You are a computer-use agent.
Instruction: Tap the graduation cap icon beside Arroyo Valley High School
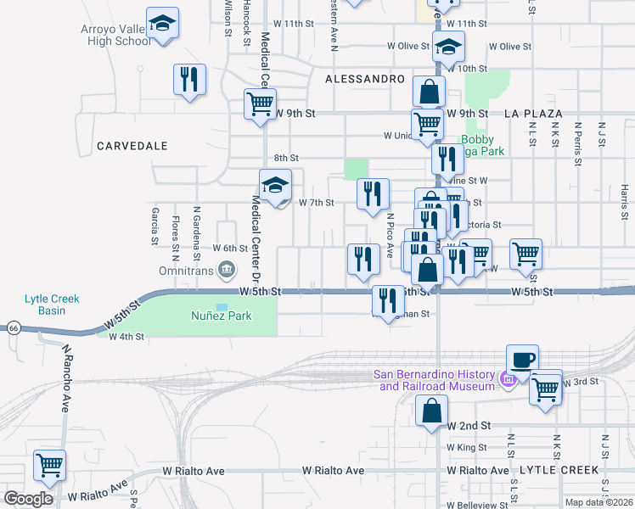[x=162, y=25]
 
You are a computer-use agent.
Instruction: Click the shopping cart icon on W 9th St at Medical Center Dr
[x=260, y=104]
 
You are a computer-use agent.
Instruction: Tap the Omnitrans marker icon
[x=227, y=271]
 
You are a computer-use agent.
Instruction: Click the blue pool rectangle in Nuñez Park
[x=222, y=306]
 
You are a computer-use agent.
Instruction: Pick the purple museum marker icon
[x=509, y=380]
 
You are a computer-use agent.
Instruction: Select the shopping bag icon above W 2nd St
[x=432, y=411]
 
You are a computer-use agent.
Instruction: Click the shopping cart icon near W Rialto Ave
[x=49, y=466]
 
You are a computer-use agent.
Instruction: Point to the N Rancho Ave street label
[x=65, y=377]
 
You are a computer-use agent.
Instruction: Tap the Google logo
[x=28, y=499]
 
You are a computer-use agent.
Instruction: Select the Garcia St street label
[x=155, y=226]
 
